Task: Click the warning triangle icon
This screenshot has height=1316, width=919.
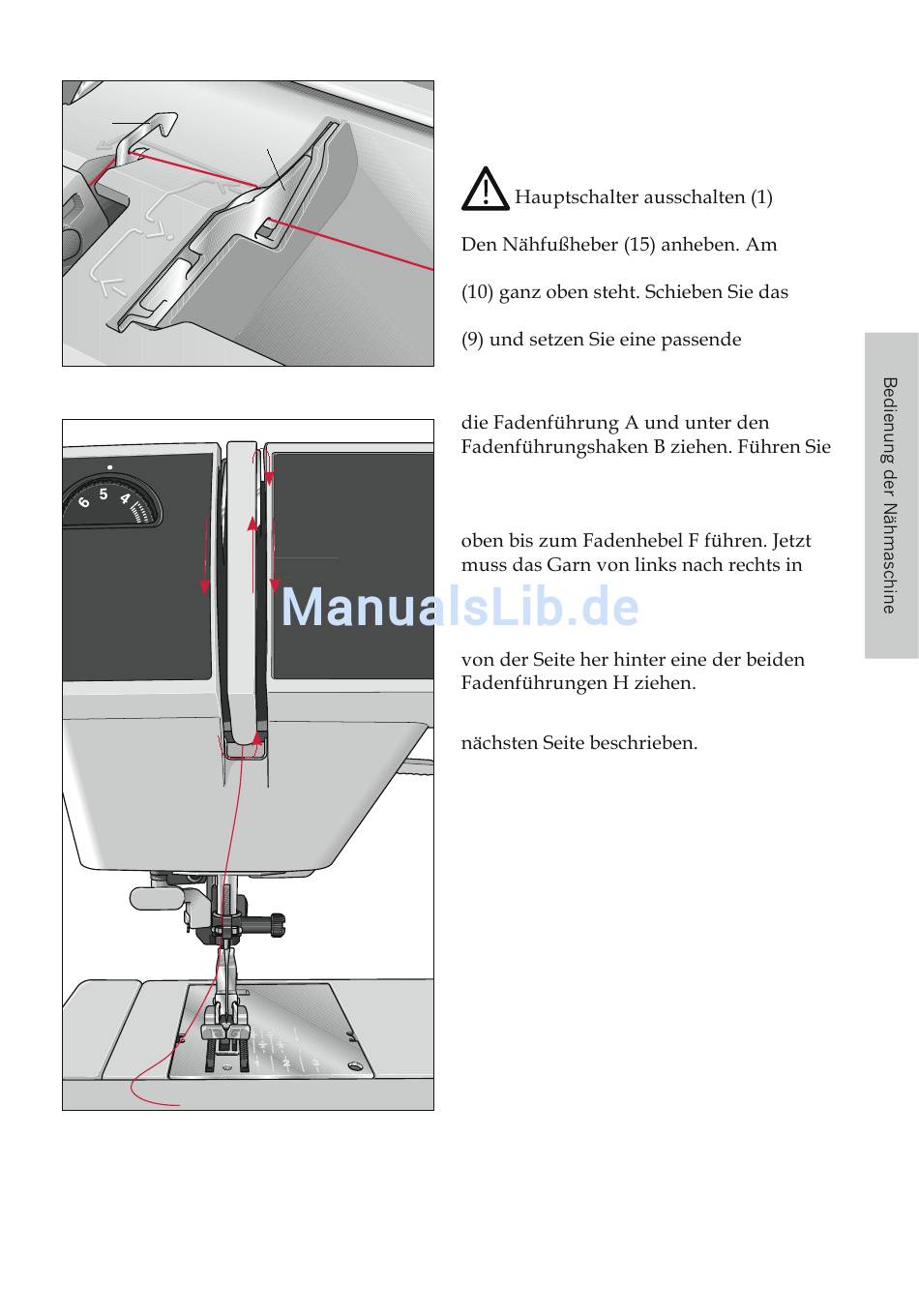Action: tap(485, 190)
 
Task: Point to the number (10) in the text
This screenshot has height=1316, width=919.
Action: tap(477, 292)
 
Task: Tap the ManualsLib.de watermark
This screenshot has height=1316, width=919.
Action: tap(460, 608)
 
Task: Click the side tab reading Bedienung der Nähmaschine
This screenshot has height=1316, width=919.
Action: tap(890, 494)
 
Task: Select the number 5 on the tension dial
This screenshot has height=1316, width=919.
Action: tap(104, 494)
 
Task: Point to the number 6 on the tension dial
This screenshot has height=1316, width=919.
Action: tap(84, 502)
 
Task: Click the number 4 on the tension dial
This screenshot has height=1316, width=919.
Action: tap(125, 499)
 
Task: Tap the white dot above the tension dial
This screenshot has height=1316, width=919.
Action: tap(110, 466)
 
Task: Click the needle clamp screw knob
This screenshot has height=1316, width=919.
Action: tap(278, 924)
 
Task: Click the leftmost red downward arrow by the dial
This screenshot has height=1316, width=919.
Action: tap(205, 556)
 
